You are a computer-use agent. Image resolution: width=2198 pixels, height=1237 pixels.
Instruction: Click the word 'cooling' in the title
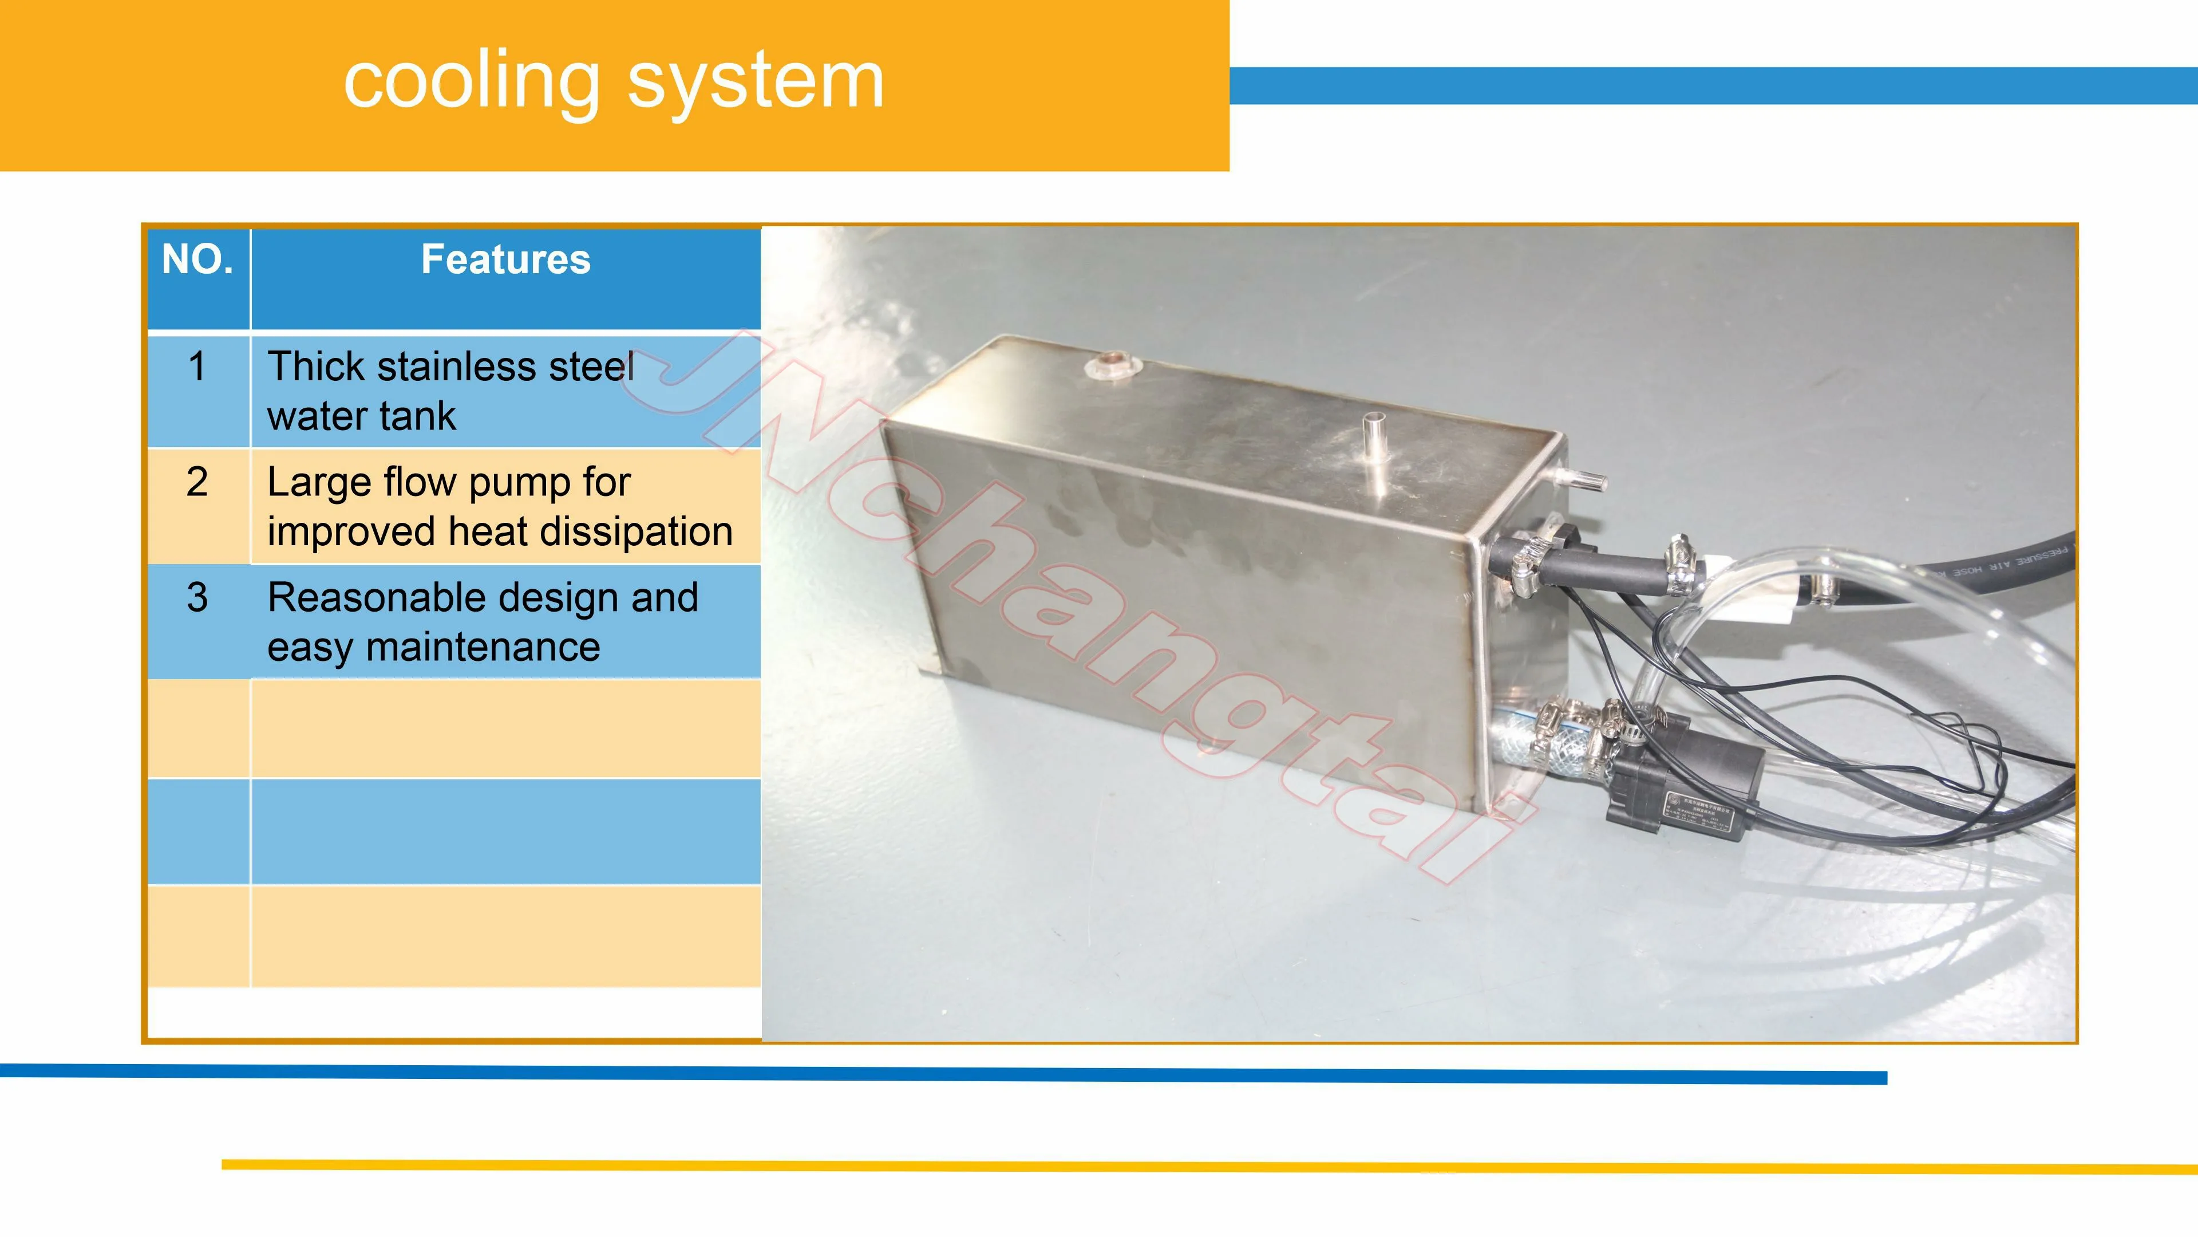coord(471,82)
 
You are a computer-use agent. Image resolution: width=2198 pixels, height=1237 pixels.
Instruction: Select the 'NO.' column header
coord(197,259)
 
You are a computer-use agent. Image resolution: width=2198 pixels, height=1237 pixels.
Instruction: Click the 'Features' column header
coord(505,259)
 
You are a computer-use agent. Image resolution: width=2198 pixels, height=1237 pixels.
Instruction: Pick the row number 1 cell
coord(197,367)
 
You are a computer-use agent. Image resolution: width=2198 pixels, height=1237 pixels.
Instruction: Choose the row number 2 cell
coord(197,482)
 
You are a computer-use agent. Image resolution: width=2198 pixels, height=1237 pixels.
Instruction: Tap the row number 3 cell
coord(197,597)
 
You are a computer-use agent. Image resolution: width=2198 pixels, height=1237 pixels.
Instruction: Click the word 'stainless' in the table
coord(457,367)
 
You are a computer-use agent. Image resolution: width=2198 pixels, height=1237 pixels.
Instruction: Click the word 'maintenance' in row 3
coord(483,647)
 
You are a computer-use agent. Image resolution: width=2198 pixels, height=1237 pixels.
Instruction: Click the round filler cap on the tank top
coord(1113,365)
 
